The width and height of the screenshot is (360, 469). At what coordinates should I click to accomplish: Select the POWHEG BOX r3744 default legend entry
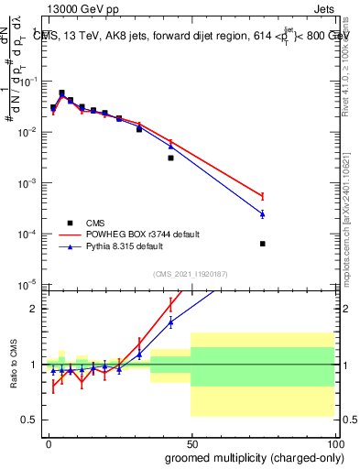137,234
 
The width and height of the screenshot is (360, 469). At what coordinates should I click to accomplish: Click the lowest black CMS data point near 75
263,244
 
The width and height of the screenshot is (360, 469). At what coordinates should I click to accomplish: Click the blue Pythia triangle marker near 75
263,213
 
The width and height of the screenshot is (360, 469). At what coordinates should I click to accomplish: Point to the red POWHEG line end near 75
263,196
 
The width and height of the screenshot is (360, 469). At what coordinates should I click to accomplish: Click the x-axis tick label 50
191,442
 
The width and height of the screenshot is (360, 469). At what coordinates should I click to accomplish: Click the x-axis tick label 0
49,442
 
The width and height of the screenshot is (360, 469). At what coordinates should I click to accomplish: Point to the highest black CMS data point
61,93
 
